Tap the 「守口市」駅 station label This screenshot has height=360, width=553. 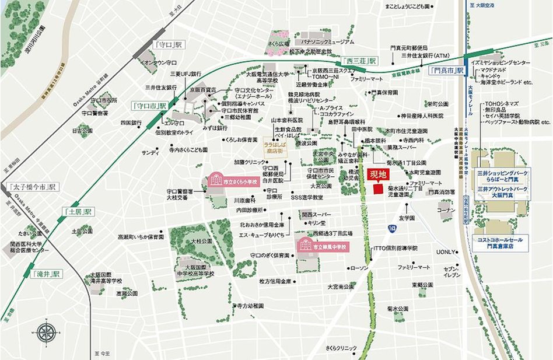pos(150,106)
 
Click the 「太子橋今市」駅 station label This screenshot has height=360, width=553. pos(32,187)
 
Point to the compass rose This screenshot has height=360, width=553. pos(45,333)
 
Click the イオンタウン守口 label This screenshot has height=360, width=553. pos(159,62)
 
